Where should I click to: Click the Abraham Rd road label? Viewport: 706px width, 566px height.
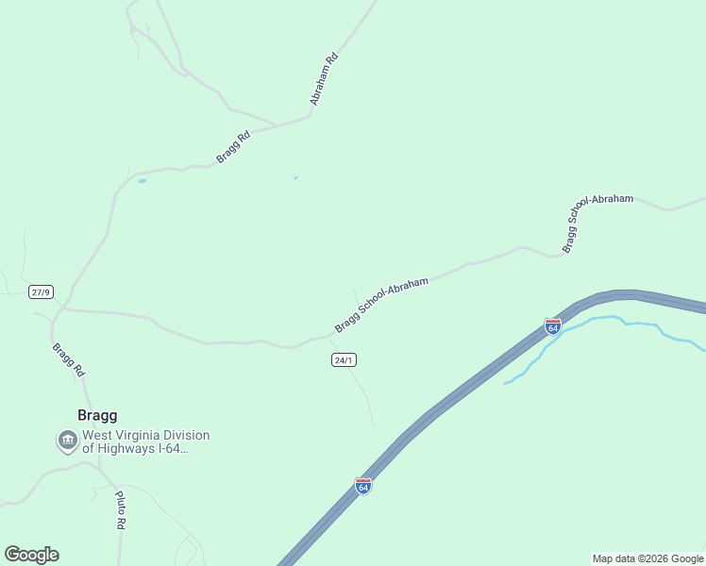[x=324, y=78]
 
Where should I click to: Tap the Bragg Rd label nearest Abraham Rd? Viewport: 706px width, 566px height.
[x=232, y=147]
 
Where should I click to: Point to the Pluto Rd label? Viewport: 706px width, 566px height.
[x=120, y=509]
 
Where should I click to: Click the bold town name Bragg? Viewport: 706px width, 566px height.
[x=96, y=415]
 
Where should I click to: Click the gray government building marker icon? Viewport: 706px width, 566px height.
[x=67, y=440]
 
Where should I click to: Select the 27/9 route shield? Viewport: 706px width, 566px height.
[x=41, y=291]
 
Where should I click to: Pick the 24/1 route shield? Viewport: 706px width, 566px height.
[x=345, y=360]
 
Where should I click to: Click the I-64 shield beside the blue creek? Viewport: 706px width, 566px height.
[x=553, y=326]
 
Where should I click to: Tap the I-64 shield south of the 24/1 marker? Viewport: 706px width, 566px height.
[x=363, y=486]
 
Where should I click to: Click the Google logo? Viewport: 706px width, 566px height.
[x=31, y=554]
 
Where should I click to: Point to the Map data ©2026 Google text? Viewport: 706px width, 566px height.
[x=647, y=558]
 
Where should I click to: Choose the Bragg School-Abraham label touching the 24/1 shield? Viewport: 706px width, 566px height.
[x=381, y=305]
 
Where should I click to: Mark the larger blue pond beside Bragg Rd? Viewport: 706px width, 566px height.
[x=142, y=180]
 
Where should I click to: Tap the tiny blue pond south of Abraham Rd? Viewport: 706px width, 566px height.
[x=295, y=177]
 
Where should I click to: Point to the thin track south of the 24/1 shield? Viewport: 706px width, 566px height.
[x=363, y=396]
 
